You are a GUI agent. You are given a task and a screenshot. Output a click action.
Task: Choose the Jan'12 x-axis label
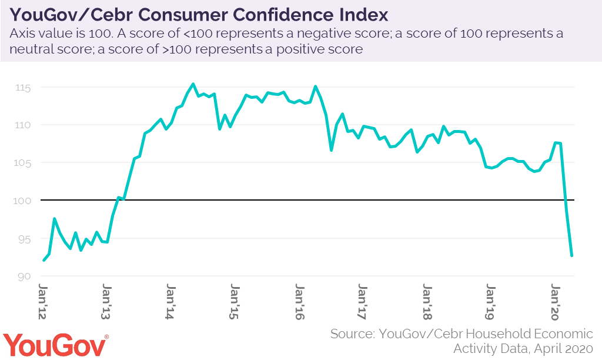(43, 302)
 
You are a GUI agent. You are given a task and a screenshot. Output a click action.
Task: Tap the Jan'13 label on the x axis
(107, 302)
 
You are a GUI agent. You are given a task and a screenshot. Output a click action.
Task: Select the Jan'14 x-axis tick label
(170, 302)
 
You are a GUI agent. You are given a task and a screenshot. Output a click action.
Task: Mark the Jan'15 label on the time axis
(235, 302)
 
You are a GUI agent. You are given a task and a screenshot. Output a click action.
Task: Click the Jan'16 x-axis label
(299, 302)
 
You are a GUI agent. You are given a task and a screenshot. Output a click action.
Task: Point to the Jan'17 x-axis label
(362, 302)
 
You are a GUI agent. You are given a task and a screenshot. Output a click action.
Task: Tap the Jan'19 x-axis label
(490, 302)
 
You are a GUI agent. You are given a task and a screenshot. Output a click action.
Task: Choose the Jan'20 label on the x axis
(554, 302)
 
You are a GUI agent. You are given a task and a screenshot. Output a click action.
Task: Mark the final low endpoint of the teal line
(571, 255)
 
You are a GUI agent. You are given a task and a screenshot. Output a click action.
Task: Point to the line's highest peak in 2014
(193, 84)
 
